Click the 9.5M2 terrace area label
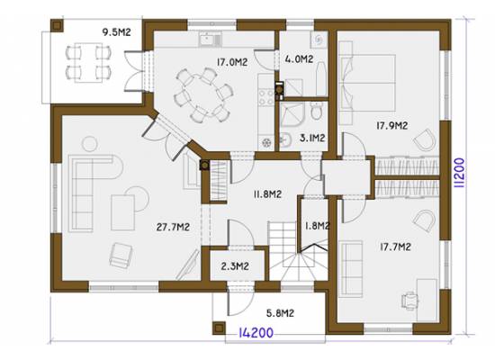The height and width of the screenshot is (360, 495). tap(116, 32)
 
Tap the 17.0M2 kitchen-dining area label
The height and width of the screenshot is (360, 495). tap(232, 62)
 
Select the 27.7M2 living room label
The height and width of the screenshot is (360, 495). tap(173, 227)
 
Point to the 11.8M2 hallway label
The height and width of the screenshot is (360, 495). tap(267, 194)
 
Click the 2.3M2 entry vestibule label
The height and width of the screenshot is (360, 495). tap(235, 266)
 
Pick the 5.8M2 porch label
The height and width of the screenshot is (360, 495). tap(280, 313)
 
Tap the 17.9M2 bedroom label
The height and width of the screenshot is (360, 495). tap(392, 125)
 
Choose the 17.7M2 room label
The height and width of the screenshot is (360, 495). tap(395, 247)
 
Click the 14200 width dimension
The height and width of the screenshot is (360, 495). tap(256, 332)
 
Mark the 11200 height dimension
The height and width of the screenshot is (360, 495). tap(459, 173)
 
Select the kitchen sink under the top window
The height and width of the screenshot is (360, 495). tap(211, 40)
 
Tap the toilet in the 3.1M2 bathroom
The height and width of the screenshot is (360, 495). tap(316, 111)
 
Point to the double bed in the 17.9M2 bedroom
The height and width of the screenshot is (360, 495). tap(367, 83)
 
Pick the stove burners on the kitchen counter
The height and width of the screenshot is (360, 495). tap(266, 97)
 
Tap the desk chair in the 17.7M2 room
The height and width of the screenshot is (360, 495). tap(409, 301)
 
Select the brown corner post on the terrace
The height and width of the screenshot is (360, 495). tap(57, 25)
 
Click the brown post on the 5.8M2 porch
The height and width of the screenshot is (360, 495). tap(219, 328)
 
